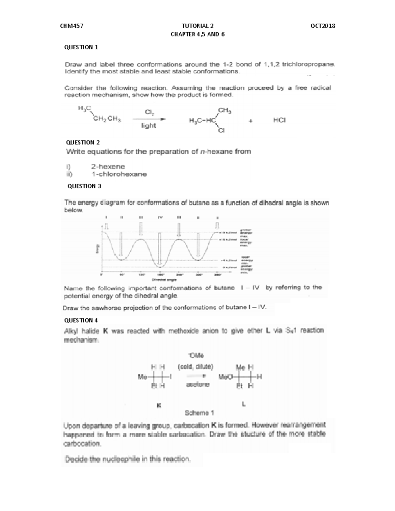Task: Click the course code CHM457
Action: click(x=72, y=26)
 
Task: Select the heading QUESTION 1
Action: click(x=81, y=47)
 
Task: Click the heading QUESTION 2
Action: click(x=83, y=142)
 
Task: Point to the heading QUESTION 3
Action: click(x=84, y=186)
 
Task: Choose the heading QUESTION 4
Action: click(x=81, y=320)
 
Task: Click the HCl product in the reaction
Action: click(x=279, y=120)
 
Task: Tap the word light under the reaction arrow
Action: click(x=148, y=126)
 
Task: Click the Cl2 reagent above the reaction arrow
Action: click(x=149, y=112)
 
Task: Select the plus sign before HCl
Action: click(x=251, y=121)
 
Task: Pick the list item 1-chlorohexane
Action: click(x=119, y=174)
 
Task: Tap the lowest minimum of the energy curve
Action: click(x=160, y=265)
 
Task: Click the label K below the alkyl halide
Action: click(x=159, y=406)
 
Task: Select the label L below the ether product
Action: click(x=244, y=404)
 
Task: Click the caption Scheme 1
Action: click(x=197, y=413)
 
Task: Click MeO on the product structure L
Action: click(x=226, y=377)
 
